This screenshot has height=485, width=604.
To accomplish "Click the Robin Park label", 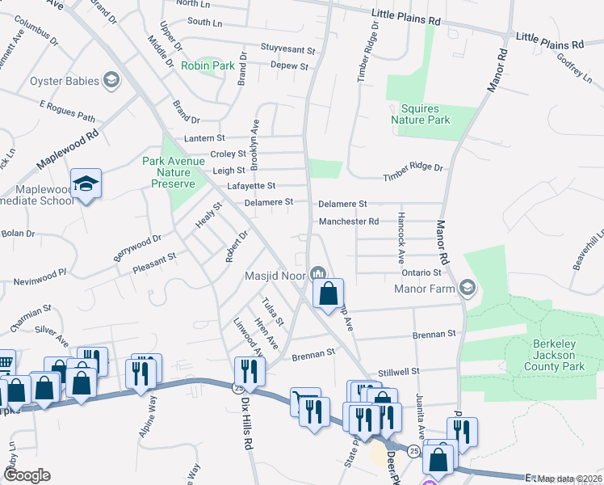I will pos(208,65).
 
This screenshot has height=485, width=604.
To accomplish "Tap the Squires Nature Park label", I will pos(420,114).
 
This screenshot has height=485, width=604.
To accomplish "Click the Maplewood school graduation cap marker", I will pos(85,185).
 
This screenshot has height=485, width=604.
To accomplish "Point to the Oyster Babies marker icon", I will pos(111,81).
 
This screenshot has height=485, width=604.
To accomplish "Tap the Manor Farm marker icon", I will pos(467,288).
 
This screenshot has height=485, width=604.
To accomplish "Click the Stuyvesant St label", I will pos(287,48).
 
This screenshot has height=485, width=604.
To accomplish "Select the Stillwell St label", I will pos(393,372).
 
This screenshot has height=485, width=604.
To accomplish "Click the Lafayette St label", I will pos(255,186).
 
